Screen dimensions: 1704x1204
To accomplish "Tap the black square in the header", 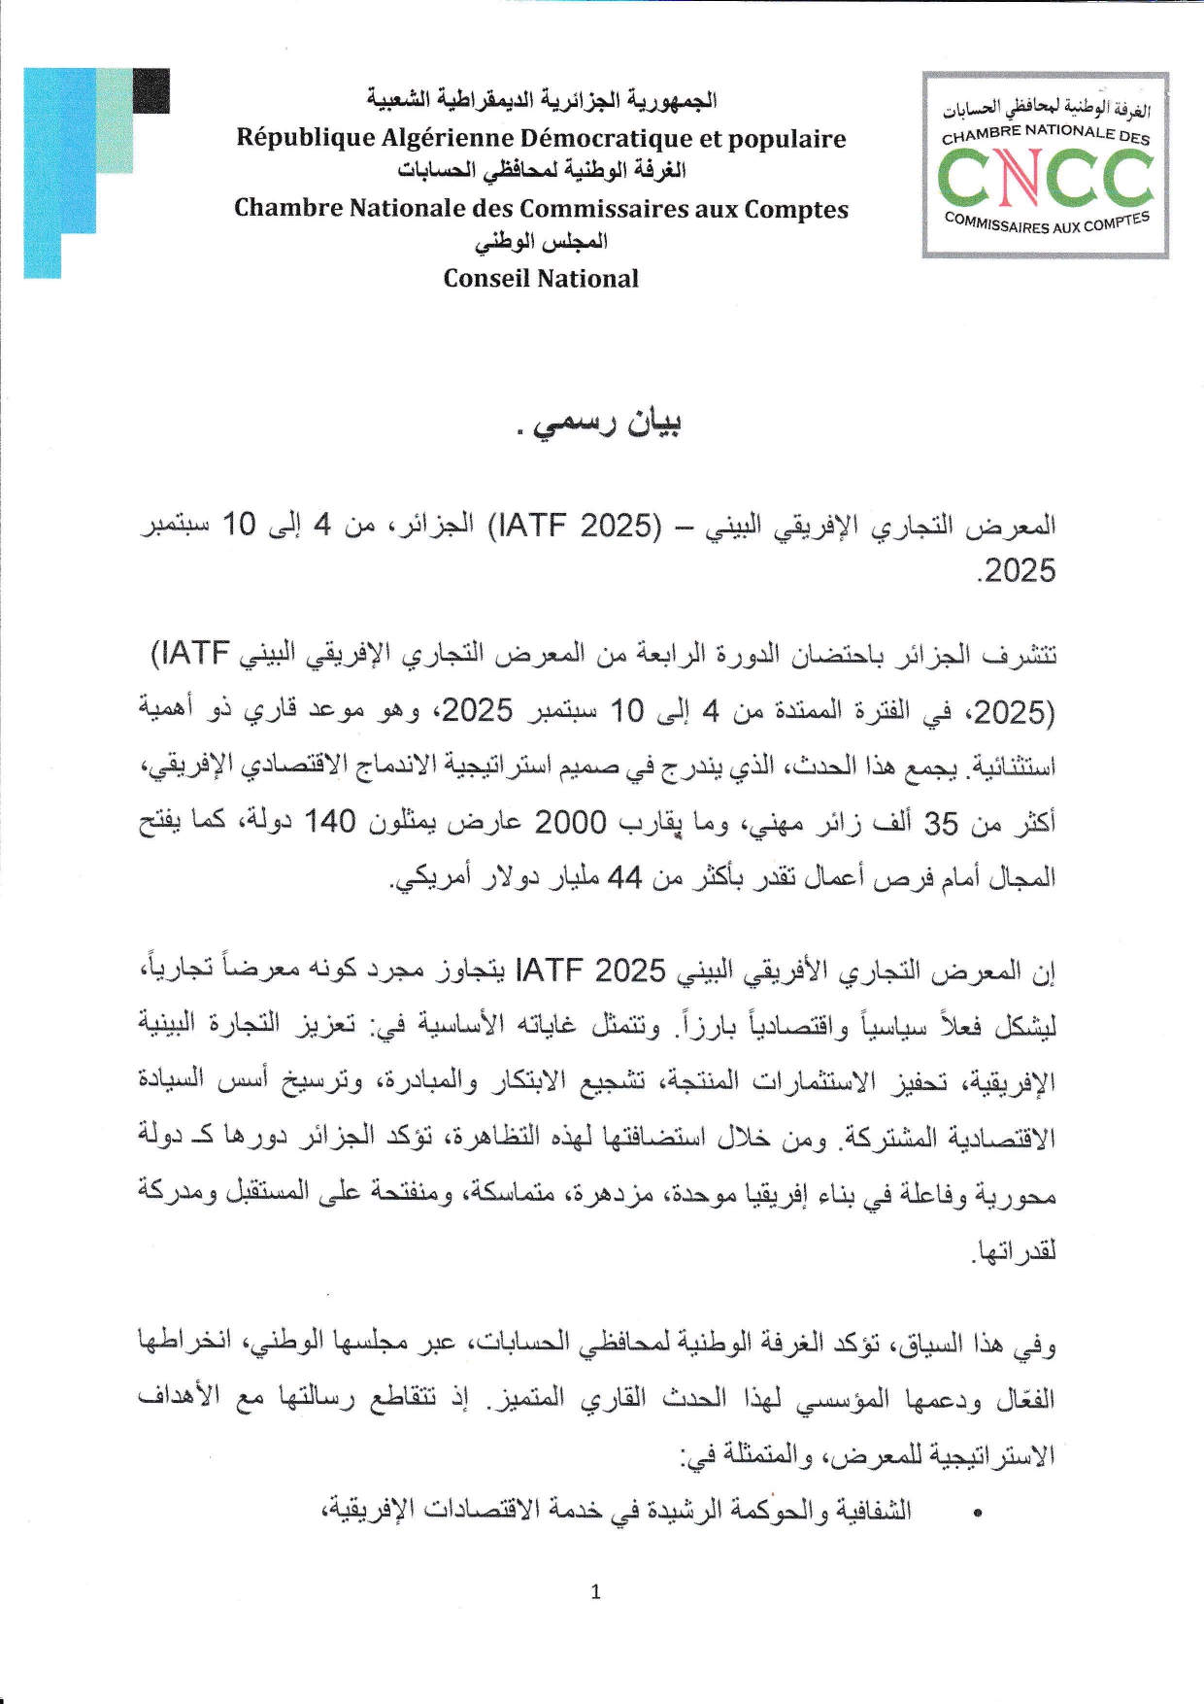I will [151, 91].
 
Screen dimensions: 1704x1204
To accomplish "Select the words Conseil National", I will [541, 279].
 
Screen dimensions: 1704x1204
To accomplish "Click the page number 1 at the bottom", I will [595, 1591].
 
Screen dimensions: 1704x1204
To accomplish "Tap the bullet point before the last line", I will [978, 1513].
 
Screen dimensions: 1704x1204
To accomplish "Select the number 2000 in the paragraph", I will [571, 822].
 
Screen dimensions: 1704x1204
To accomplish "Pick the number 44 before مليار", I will [625, 877].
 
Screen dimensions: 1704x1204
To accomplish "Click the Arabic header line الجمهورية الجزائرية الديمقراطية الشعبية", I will [541, 100].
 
